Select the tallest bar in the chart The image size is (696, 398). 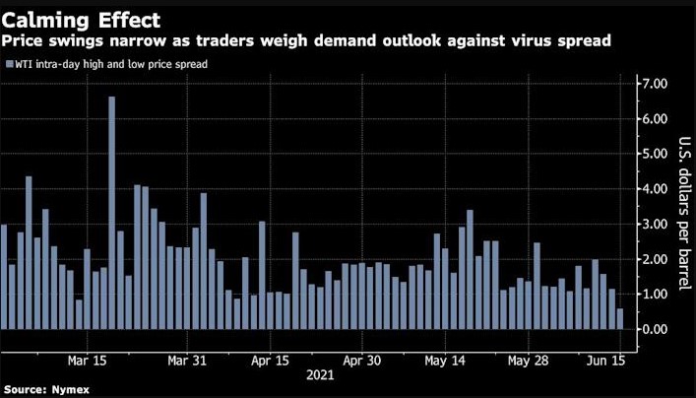[x=112, y=212]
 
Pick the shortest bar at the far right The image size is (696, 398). [x=619, y=318]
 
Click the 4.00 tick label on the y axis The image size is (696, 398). [x=656, y=188]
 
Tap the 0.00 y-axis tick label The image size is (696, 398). [x=656, y=329]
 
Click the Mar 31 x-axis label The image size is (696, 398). [x=186, y=360]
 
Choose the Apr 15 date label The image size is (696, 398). [x=270, y=360]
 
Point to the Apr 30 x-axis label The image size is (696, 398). [x=361, y=360]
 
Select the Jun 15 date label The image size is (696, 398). [x=607, y=360]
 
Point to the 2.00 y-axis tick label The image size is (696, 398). [x=656, y=259]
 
